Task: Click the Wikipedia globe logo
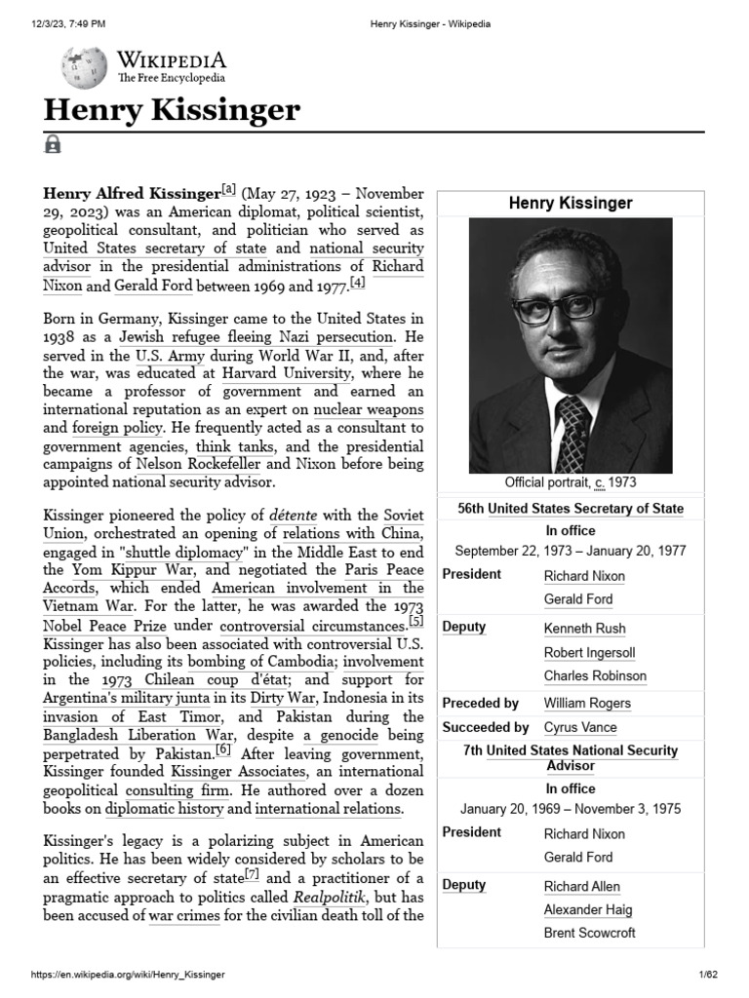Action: [84, 65]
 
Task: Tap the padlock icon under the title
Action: [53, 145]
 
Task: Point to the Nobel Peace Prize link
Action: [104, 626]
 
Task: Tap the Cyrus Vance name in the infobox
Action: [580, 727]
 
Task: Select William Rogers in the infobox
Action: [587, 703]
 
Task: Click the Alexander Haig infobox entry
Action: [588, 909]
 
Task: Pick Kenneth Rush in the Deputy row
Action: [584, 629]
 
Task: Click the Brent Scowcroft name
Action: [589, 933]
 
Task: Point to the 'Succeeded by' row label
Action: [485, 727]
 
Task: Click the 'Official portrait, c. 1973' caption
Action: [571, 483]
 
